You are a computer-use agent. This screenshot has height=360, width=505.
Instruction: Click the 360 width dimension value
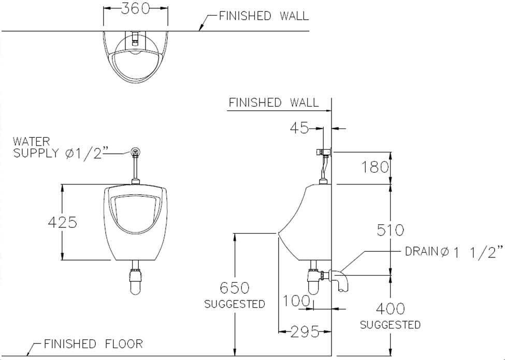136,9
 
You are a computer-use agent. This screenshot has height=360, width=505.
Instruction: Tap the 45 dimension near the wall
298,127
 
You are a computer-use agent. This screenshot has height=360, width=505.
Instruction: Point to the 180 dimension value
375,167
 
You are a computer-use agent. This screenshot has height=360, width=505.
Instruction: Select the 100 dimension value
297,301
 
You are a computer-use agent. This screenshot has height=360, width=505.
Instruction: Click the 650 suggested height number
235,287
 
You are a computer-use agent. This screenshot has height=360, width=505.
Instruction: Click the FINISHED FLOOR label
93,344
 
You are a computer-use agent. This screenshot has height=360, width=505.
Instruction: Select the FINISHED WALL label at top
264,16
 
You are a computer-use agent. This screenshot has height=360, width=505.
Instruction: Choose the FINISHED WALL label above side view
273,103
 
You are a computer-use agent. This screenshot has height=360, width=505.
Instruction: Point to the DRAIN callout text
454,252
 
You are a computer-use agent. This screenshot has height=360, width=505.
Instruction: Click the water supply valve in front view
136,152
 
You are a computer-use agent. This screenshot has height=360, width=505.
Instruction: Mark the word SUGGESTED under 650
235,304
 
